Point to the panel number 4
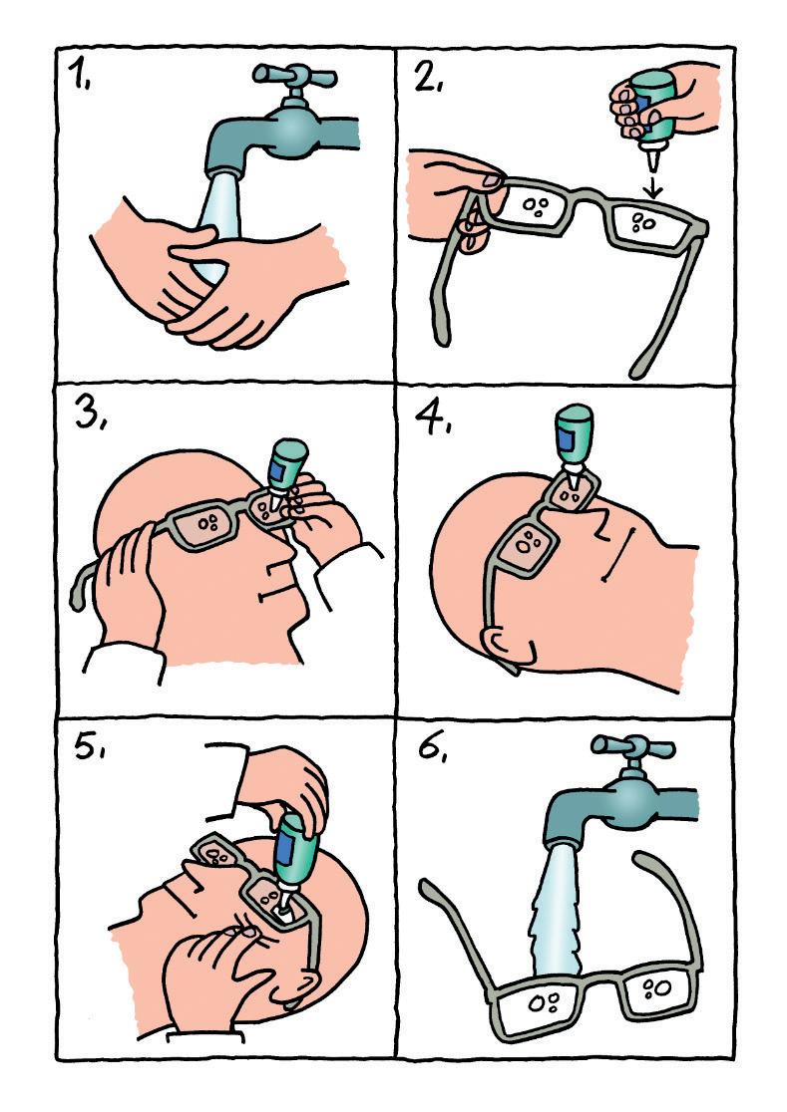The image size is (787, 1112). click(x=433, y=418)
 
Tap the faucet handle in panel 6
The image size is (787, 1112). click(x=633, y=746)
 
